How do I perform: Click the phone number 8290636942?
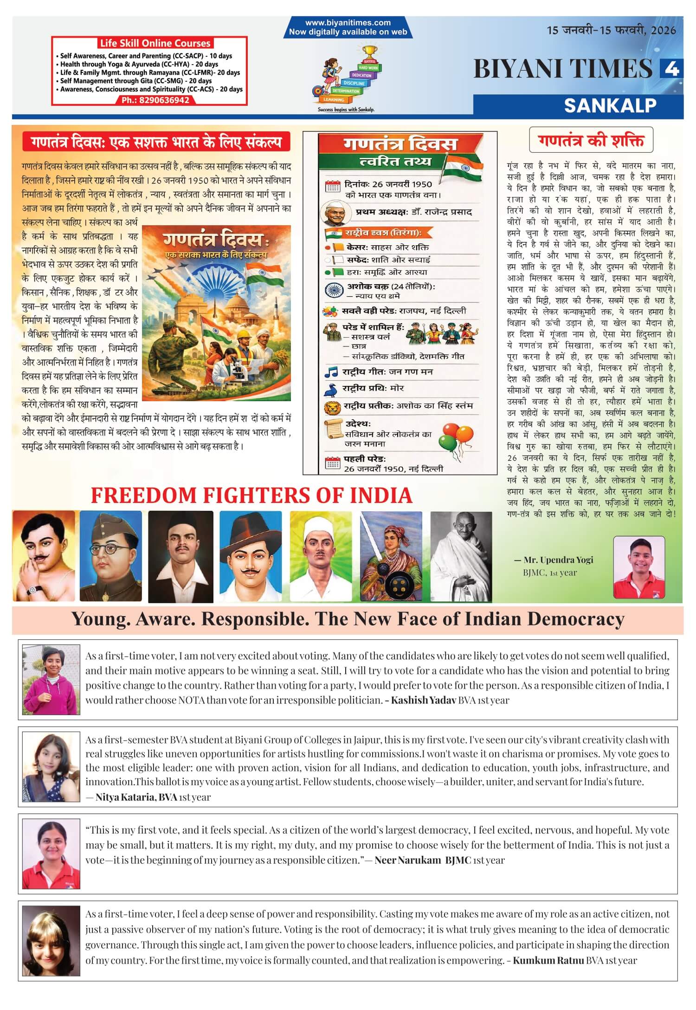pos(155,100)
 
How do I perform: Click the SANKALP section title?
pos(610,105)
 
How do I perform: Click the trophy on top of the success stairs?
pos(369,52)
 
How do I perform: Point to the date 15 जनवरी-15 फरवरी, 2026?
pos(611,31)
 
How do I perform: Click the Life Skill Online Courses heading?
pos(155,43)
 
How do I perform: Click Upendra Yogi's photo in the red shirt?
pos(639,567)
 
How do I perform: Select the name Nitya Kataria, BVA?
pos(136,797)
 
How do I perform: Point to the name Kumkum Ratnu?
pos(548,960)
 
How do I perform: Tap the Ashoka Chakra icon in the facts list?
pos(334,290)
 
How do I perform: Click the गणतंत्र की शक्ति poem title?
pos(591,140)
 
